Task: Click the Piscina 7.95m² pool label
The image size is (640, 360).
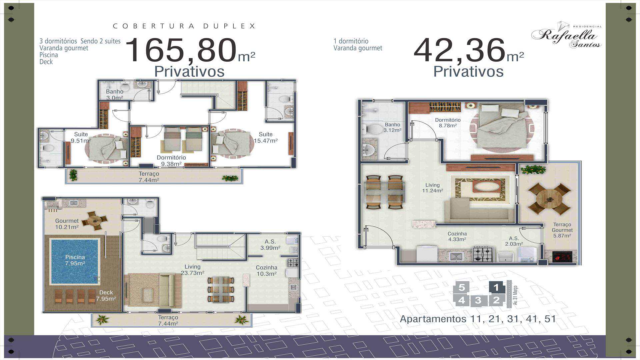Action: tap(75, 260)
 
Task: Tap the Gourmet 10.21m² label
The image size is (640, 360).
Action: tap(67, 224)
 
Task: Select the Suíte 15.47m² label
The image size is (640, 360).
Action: tap(266, 137)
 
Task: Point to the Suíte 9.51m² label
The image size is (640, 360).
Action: tap(81, 137)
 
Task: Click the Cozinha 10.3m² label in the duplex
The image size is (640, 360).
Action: tap(266, 271)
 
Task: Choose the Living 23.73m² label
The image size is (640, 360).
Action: tap(192, 270)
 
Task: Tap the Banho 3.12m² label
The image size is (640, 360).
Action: tap(392, 127)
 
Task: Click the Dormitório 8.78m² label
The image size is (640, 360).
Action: tap(448, 123)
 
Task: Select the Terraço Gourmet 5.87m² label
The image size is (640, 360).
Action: tap(562, 230)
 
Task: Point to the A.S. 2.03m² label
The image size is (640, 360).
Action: tap(514, 241)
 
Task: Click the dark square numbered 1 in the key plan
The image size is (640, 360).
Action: tap(496, 287)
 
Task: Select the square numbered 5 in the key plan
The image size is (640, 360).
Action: tap(462, 287)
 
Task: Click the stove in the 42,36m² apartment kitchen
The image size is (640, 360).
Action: tap(483, 254)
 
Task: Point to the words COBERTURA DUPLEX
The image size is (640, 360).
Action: tap(184, 26)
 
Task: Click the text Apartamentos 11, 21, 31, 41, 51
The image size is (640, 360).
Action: tap(478, 319)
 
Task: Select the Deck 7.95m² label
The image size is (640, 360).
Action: tap(106, 296)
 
